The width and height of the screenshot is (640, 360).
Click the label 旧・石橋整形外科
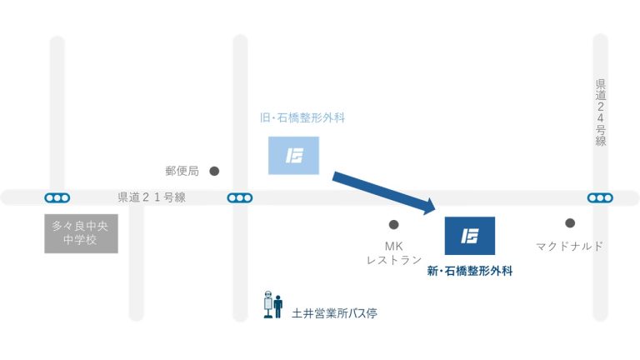click(302, 118)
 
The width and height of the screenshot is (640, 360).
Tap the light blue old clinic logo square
click(293, 155)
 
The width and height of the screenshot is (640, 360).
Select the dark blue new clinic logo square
click(470, 236)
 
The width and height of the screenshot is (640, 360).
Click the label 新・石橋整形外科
click(469, 271)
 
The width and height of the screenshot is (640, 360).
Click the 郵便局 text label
click(182, 172)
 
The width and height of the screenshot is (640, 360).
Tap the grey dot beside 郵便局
click(214, 171)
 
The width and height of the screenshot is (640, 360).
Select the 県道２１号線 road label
click(151, 197)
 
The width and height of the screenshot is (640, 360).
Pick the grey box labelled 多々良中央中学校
click(81, 234)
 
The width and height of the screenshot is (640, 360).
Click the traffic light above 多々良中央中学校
click(57, 197)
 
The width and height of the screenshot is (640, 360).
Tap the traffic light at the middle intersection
click(240, 197)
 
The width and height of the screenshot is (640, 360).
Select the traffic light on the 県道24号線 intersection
click(599, 197)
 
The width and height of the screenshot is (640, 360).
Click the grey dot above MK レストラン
click(393, 224)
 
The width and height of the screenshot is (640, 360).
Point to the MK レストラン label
click(393, 253)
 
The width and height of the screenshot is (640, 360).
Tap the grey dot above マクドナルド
click(570, 223)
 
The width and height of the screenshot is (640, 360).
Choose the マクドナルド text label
click(569, 247)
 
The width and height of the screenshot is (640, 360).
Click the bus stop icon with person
click(272, 305)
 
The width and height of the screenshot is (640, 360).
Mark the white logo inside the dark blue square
click(470, 236)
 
